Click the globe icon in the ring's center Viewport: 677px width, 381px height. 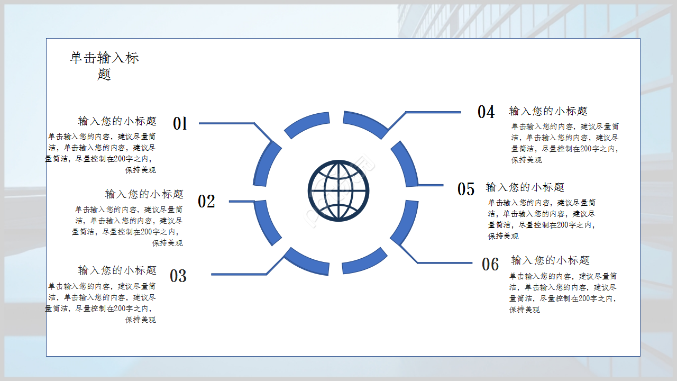[338, 191]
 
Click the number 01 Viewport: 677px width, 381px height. [180, 123]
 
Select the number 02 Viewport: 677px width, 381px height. [206, 202]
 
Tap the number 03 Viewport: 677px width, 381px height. [178, 276]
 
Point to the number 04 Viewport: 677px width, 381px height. [486, 112]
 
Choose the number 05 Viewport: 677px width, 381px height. [466, 189]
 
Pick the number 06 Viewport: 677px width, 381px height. [490, 264]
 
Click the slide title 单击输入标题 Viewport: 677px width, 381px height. [104, 66]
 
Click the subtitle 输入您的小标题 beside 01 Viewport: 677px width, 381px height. [117, 121]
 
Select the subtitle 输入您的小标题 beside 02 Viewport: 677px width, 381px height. [144, 194]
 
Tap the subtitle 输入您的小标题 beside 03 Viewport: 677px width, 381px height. [117, 270]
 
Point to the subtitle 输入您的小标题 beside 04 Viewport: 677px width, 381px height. [548, 111]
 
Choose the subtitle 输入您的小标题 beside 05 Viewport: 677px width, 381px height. [525, 187]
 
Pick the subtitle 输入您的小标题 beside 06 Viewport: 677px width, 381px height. [551, 260]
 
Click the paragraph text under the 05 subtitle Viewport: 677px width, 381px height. [542, 219]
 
